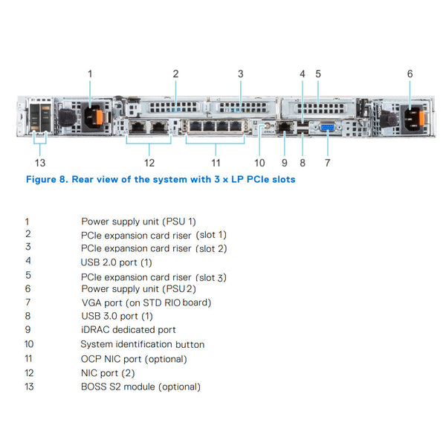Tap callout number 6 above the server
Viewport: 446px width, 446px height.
click(x=410, y=74)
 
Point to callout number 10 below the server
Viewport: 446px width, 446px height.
click(x=259, y=162)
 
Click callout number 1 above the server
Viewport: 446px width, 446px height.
click(x=90, y=74)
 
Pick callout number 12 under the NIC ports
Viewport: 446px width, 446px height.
click(x=149, y=162)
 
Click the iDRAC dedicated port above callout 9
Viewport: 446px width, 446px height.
click(x=285, y=128)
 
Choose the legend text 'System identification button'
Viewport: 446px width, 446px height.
click(x=142, y=344)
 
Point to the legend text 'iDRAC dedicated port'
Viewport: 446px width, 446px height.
click(x=128, y=329)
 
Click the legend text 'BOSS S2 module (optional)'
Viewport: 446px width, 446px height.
click(x=140, y=387)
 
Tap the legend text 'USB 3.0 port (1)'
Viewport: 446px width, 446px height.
click(x=117, y=316)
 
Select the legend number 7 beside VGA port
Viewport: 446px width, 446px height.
click(x=28, y=302)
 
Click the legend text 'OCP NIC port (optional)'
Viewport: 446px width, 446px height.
click(x=134, y=358)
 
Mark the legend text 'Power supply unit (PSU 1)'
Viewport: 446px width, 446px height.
click(x=138, y=221)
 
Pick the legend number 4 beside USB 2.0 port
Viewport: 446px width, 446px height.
click(x=28, y=261)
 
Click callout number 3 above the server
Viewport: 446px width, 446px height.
click(x=240, y=74)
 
